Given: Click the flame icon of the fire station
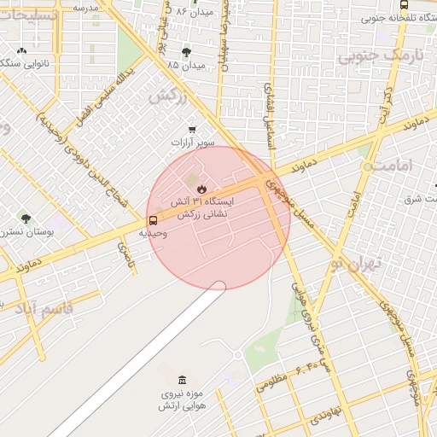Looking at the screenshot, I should pyautogui.click(x=201, y=189).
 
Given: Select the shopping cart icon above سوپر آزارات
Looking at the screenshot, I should pyautogui.click(x=192, y=130).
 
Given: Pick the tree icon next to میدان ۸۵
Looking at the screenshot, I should pyautogui.click(x=186, y=53).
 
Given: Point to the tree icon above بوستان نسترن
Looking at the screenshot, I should pyautogui.click(x=26, y=218).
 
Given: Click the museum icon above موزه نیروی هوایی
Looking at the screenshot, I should pyautogui.click(x=181, y=380).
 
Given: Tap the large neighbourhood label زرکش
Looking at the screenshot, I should pyautogui.click(x=167, y=96).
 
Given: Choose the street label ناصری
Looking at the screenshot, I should pyautogui.click(x=125, y=253).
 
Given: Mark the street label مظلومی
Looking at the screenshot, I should pyautogui.click(x=271, y=384).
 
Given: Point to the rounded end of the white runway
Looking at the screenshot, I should pyautogui.click(x=218, y=287).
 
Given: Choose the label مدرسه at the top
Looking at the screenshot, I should pyautogui.click(x=85, y=7).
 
